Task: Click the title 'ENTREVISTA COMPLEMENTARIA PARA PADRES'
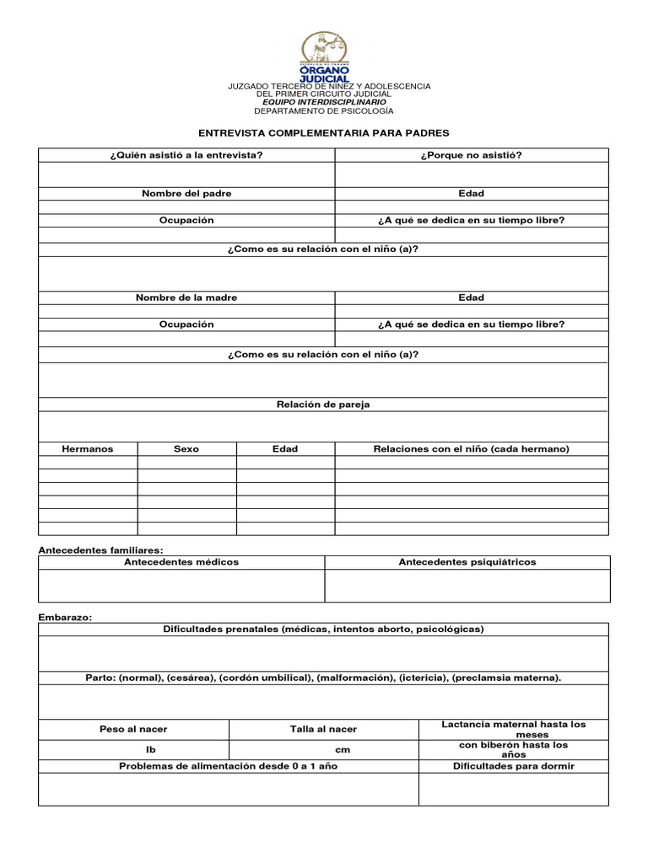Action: tap(323, 133)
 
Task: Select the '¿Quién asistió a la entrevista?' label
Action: tap(186, 155)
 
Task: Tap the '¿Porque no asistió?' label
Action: tap(471, 155)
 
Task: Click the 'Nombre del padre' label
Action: tap(186, 194)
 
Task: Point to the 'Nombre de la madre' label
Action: tap(186, 297)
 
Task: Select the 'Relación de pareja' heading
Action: tap(323, 405)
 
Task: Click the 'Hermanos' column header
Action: tap(88, 449)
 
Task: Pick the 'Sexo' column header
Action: tap(186, 449)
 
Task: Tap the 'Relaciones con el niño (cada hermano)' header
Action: tap(471, 449)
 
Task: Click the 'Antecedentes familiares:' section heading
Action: tap(101, 549)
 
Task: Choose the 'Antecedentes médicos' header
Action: tap(181, 562)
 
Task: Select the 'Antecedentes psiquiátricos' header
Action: tap(467, 562)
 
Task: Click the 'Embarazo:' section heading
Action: tap(65, 617)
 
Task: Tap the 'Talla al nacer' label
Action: tap(323, 729)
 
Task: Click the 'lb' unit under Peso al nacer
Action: tap(133, 749)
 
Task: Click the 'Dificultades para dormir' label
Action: tap(513, 766)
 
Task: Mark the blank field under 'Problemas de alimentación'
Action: tap(229, 789)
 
